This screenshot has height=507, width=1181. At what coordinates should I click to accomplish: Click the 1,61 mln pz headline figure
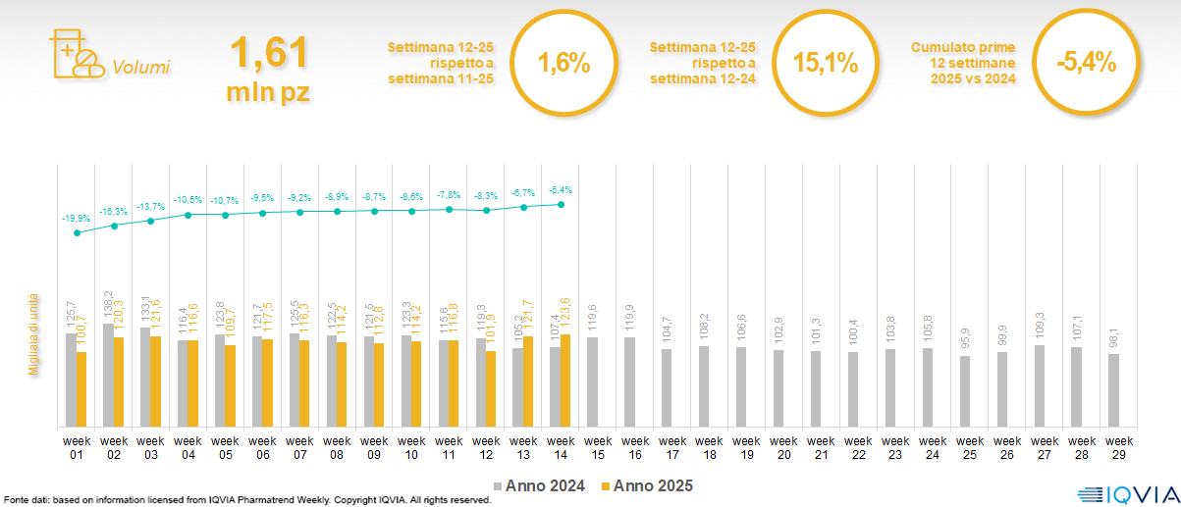268,68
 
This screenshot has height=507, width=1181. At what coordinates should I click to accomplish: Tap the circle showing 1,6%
564,65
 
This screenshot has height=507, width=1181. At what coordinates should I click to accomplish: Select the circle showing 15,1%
826,65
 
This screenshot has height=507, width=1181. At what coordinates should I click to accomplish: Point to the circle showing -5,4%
1086,65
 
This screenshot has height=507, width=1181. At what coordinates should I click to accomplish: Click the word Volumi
141,68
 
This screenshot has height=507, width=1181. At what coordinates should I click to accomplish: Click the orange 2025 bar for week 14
565,380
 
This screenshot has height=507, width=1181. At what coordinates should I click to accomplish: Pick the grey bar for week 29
1113,390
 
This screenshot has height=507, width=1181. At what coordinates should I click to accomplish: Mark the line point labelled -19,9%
78,232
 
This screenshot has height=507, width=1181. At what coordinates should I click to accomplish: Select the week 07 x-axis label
299,447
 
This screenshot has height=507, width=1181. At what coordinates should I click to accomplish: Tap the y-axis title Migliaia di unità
33,333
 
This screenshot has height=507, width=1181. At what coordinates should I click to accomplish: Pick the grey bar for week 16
629,382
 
